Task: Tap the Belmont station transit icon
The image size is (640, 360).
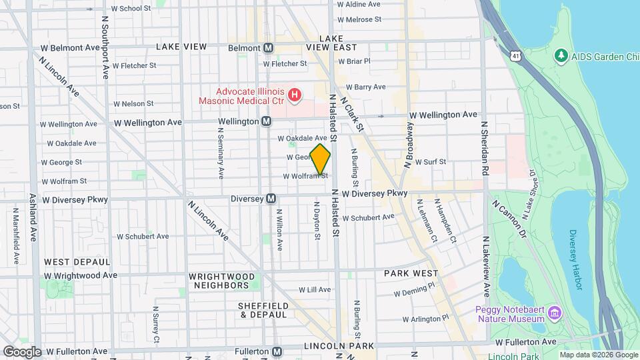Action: point(269,48)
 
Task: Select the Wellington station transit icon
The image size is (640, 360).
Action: point(266,122)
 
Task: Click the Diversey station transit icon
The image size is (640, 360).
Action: point(271,199)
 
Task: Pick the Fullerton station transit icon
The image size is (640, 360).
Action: point(277,351)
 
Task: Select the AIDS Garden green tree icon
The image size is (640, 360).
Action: point(561,55)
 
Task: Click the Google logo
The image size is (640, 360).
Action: point(22,351)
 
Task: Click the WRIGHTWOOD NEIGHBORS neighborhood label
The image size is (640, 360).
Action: point(221,281)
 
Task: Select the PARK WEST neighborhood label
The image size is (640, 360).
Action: point(411,273)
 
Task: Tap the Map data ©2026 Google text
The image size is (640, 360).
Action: point(598,355)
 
